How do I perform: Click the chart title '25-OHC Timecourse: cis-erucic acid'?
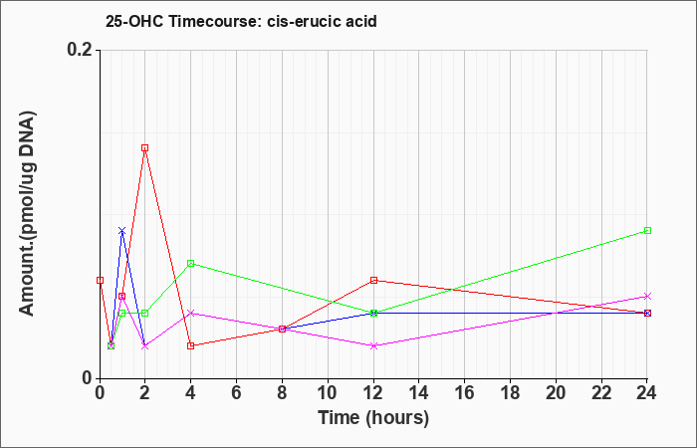tap(241, 21)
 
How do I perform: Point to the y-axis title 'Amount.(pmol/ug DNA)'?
tap(27, 213)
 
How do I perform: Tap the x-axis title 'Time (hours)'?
tap(373, 418)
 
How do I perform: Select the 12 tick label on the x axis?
tap(373, 393)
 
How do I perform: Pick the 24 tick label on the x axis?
tap(647, 393)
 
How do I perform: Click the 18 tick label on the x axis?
tap(510, 393)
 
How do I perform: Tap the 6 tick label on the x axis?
tap(236, 393)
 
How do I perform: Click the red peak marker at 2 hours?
tap(145, 148)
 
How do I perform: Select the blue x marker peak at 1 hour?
tap(122, 231)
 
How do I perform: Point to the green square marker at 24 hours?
tap(647, 230)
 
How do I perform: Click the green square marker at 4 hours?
tap(191, 263)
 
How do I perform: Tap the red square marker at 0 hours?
tap(100, 280)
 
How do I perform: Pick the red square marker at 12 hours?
tap(373, 280)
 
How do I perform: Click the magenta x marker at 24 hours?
tap(647, 296)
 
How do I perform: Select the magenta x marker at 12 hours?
tap(373, 345)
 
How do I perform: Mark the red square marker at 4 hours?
tap(191, 345)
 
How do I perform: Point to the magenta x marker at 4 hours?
tap(191, 313)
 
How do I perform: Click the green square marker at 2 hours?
tap(145, 313)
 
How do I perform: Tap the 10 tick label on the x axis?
tap(328, 393)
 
